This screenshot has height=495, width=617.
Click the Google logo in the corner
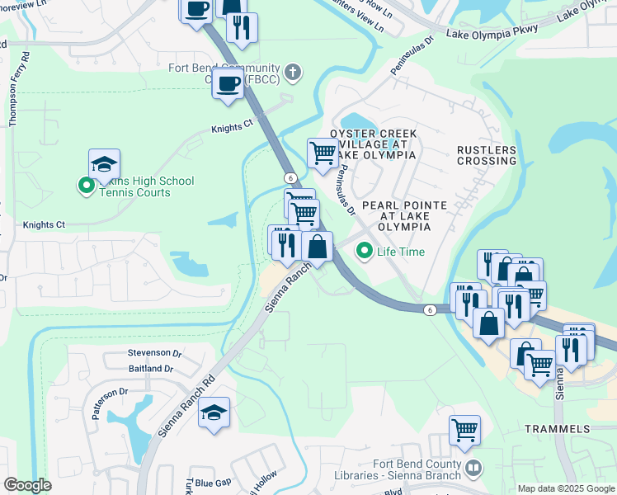pyautogui.click(x=27, y=485)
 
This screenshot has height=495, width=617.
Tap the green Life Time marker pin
pyautogui.click(x=363, y=251)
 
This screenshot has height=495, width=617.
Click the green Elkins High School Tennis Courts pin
pyautogui.click(x=86, y=186)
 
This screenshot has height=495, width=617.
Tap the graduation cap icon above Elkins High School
pyautogui.click(x=105, y=165)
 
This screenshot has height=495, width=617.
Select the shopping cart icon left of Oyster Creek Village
pyautogui.click(x=323, y=153)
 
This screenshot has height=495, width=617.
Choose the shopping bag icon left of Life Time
pyautogui.click(x=318, y=246)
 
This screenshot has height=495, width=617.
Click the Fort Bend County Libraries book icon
pyautogui.click(x=473, y=469)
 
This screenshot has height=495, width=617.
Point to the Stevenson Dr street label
pyautogui.click(x=154, y=352)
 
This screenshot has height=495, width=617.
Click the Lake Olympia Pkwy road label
pyautogui.click(x=492, y=32)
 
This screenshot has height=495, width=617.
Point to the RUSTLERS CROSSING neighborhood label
pyautogui.click(x=487, y=155)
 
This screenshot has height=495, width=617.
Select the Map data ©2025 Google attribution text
pyautogui.click(x=566, y=488)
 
